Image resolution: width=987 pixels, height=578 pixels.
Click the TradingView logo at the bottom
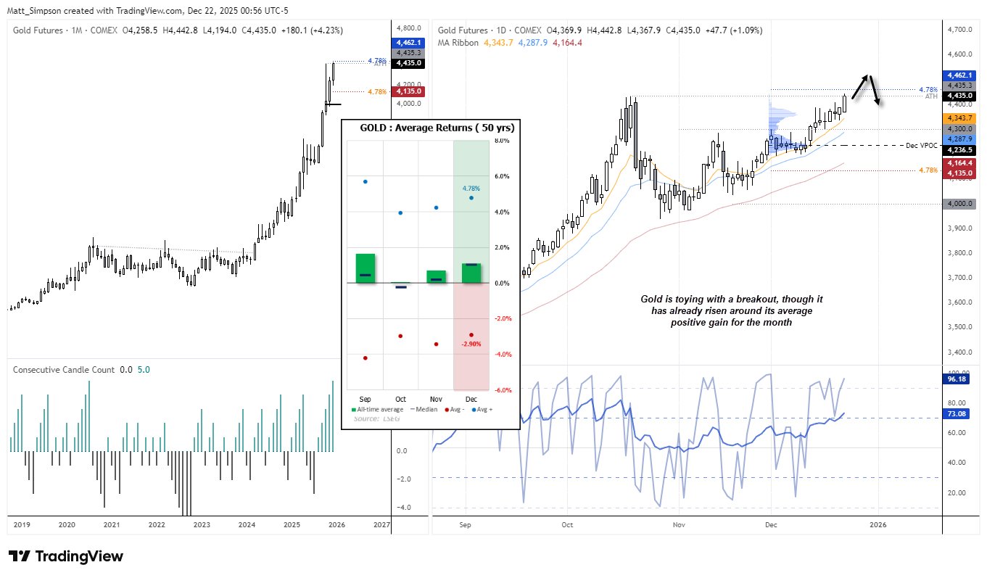coord(66,556)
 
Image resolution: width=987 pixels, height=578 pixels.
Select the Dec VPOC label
coord(921,146)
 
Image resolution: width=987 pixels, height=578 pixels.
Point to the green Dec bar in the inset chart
coord(471,273)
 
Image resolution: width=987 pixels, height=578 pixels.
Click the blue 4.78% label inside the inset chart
coord(471,189)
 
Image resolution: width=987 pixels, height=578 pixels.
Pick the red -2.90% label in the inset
coord(471,344)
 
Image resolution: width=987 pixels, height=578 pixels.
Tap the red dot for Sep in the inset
coord(365,358)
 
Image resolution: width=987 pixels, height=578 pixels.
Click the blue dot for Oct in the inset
coord(400,212)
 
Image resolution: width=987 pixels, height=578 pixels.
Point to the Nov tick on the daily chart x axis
coord(678,524)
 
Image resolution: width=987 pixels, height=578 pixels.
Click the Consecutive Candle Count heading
coord(64,369)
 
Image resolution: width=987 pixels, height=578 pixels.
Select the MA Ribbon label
coord(459,43)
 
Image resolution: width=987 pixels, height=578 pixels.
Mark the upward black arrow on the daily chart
coord(859,86)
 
